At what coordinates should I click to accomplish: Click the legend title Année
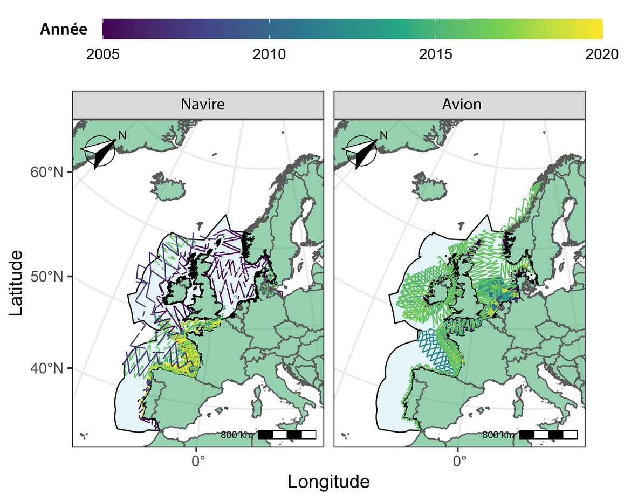click(64, 30)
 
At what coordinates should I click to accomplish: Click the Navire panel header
click(198, 104)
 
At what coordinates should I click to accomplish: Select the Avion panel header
click(459, 104)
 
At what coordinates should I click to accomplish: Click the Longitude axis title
click(328, 482)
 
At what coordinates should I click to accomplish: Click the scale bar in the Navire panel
click(286, 435)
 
